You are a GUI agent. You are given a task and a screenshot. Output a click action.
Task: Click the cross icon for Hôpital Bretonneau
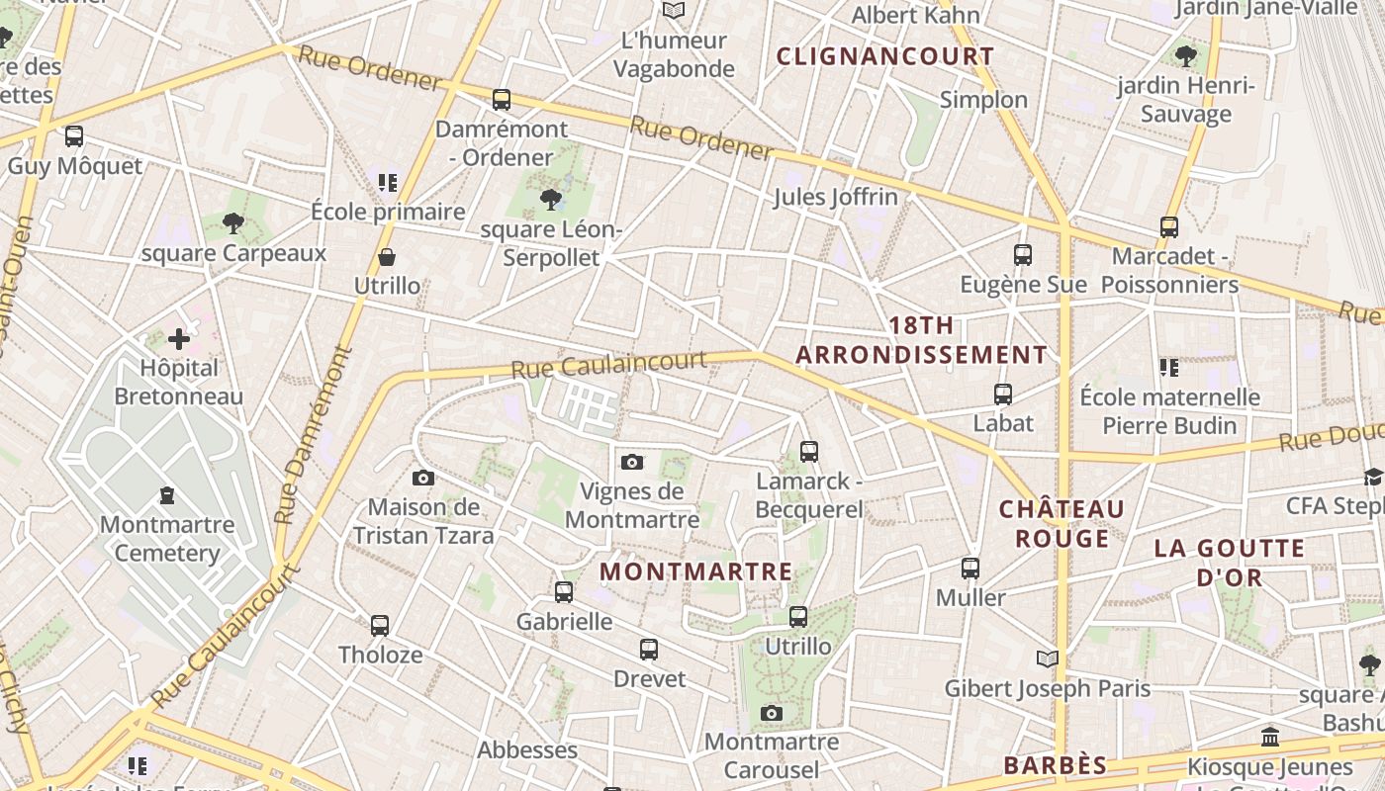click(178, 340)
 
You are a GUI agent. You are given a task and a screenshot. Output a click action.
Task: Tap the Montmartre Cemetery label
click(167, 539)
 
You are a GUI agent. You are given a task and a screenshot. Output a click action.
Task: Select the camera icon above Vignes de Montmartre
click(632, 462)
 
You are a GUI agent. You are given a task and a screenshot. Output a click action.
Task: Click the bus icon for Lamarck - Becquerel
click(809, 452)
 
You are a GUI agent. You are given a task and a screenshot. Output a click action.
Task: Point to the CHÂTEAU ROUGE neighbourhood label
click(1062, 524)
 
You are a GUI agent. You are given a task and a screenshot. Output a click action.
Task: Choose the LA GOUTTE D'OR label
click(1229, 563)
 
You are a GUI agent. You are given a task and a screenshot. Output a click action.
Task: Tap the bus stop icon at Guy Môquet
click(74, 136)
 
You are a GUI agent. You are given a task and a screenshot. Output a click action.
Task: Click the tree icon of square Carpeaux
click(233, 223)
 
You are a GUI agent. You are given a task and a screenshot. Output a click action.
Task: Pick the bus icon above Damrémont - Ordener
click(502, 100)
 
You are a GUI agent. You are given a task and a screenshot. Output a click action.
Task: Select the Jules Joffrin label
click(835, 197)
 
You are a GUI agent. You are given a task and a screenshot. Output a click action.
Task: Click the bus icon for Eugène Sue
click(1023, 255)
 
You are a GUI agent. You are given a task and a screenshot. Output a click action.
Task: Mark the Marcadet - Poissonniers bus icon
click(1169, 227)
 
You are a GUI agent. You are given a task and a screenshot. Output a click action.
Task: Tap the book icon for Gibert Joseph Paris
click(1047, 659)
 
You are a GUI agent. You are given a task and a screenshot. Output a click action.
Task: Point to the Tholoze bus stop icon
click(380, 626)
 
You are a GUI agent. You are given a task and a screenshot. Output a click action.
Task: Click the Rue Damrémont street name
click(315, 435)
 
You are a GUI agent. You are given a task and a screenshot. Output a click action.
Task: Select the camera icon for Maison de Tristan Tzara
click(423, 479)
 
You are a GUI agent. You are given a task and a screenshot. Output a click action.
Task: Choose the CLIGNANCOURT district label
click(884, 56)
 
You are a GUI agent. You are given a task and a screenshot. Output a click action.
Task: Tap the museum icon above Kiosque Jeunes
click(1270, 738)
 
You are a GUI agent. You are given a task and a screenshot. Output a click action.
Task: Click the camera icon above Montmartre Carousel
click(772, 713)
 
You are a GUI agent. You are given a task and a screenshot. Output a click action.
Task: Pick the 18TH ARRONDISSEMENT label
click(921, 340)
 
